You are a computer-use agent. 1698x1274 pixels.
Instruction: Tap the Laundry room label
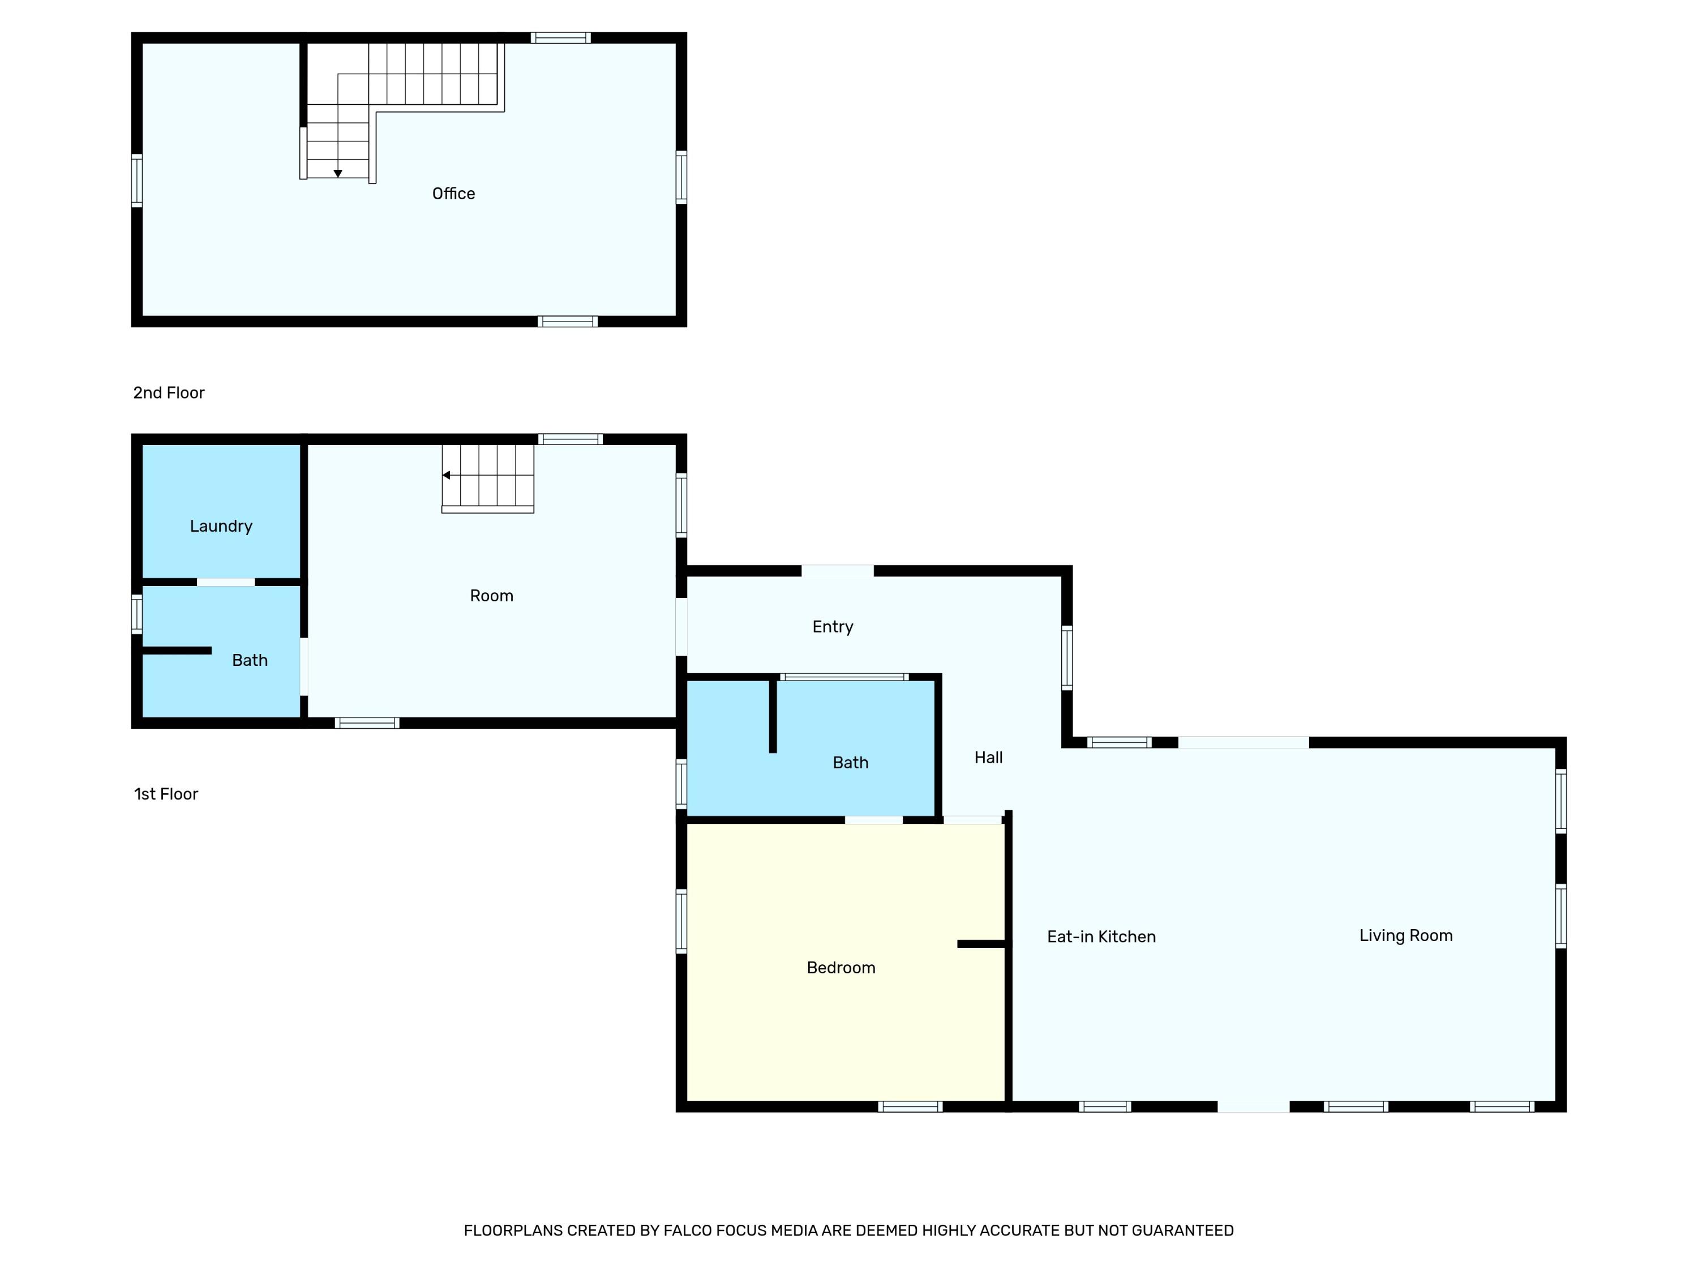pyautogui.click(x=221, y=526)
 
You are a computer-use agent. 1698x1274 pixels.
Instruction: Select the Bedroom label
pyautogui.click(x=841, y=968)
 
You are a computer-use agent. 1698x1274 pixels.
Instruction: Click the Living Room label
pyautogui.click(x=1405, y=935)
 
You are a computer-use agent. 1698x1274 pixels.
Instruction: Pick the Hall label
pyautogui.click(x=988, y=757)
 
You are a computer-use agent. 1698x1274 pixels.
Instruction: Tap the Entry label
pyautogui.click(x=832, y=627)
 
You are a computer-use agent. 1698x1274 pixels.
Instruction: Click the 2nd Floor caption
pyautogui.click(x=169, y=392)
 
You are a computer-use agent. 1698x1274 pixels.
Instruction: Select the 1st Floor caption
pyautogui.click(x=166, y=794)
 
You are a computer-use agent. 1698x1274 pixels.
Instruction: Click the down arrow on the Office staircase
pyautogui.click(x=338, y=174)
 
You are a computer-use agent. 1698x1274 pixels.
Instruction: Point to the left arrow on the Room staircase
pyautogui.click(x=447, y=476)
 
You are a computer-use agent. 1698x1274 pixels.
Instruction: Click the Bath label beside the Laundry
pyautogui.click(x=250, y=660)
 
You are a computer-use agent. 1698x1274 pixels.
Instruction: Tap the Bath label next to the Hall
pyautogui.click(x=850, y=763)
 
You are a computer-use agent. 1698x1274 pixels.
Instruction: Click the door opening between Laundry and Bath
pyautogui.click(x=226, y=582)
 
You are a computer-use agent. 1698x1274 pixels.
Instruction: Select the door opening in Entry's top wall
pyautogui.click(x=838, y=571)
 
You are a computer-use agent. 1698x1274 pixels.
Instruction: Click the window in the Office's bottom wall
pyautogui.click(x=567, y=321)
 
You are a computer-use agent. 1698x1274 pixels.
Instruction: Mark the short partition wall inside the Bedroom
pyautogui.click(x=981, y=944)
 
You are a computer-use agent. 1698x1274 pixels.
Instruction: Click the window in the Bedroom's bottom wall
pyautogui.click(x=910, y=1106)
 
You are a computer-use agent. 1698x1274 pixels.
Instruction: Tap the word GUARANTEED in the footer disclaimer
pyautogui.click(x=1182, y=1230)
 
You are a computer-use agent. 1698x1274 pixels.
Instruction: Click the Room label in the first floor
pyautogui.click(x=491, y=596)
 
